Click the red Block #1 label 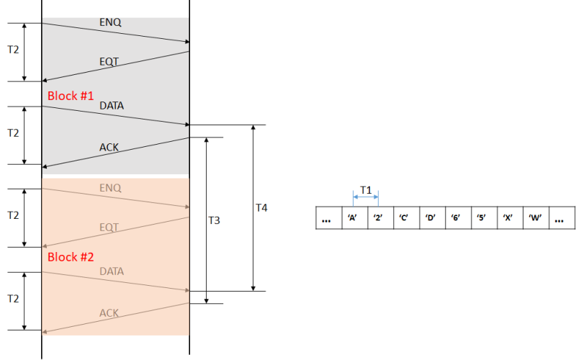tap(71, 96)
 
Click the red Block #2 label tap(71, 257)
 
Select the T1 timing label tap(365, 190)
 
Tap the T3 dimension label tap(213, 220)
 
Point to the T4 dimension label tap(262, 207)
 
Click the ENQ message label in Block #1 tap(110, 22)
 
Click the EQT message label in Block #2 tap(109, 227)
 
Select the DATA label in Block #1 tap(112, 106)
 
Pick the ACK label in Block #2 tap(109, 312)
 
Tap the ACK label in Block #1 tap(109, 148)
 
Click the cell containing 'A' tap(353, 218)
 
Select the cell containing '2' tap(378, 218)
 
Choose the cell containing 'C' tap(404, 218)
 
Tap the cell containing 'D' tap(430, 218)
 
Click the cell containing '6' tap(456, 218)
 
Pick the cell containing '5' tap(482, 218)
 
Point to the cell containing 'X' tap(508, 218)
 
